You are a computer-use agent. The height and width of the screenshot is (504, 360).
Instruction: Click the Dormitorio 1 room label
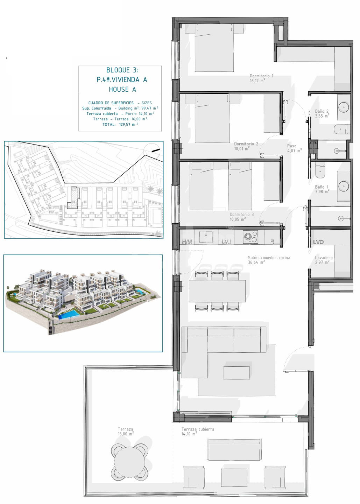click(x=261, y=76)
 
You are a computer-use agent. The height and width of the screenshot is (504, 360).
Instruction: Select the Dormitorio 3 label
click(x=241, y=215)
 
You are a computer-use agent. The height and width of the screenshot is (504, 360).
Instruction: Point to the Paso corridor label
click(x=292, y=146)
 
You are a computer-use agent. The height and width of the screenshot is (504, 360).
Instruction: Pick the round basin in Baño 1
click(x=343, y=186)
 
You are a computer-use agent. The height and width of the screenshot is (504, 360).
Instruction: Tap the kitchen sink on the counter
click(x=206, y=237)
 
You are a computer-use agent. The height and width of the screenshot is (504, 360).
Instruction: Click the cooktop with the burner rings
click(x=250, y=237)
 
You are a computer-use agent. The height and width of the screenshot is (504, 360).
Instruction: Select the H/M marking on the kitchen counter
click(x=187, y=242)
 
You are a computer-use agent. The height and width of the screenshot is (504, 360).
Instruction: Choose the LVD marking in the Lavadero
click(x=318, y=242)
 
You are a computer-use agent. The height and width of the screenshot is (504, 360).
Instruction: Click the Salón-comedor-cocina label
click(x=269, y=258)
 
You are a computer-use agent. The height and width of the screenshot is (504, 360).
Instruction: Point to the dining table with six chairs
click(x=217, y=291)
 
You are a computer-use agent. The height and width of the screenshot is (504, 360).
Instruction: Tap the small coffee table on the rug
click(x=237, y=373)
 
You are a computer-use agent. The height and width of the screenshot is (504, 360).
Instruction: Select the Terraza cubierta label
click(x=198, y=429)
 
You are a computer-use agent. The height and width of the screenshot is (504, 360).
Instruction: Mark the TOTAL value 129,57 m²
click(x=128, y=124)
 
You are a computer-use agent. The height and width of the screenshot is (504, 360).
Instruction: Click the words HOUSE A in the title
click(x=122, y=89)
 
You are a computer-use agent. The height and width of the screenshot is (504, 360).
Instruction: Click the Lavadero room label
click(x=324, y=258)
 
